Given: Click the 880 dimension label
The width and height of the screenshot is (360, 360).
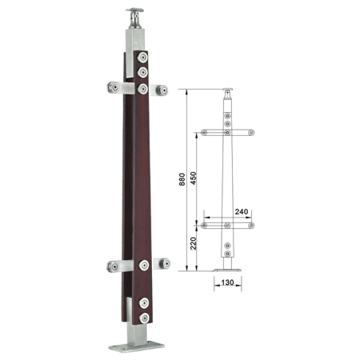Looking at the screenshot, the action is (x=182, y=179).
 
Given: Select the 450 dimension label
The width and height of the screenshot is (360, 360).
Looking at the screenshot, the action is (x=194, y=178).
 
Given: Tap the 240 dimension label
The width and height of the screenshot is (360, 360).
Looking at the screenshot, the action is (x=242, y=212).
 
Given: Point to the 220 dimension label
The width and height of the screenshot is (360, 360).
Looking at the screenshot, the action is (x=194, y=243).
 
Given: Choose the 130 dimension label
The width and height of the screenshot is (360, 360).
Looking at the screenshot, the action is (x=227, y=282).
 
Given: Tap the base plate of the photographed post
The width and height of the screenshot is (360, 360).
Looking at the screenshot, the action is (x=136, y=347).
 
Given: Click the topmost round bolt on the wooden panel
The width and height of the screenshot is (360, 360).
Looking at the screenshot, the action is (x=142, y=58).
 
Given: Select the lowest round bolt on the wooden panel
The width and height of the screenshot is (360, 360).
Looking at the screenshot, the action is (x=144, y=318).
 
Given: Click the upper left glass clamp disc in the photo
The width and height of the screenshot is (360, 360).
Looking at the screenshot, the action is (x=114, y=87).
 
